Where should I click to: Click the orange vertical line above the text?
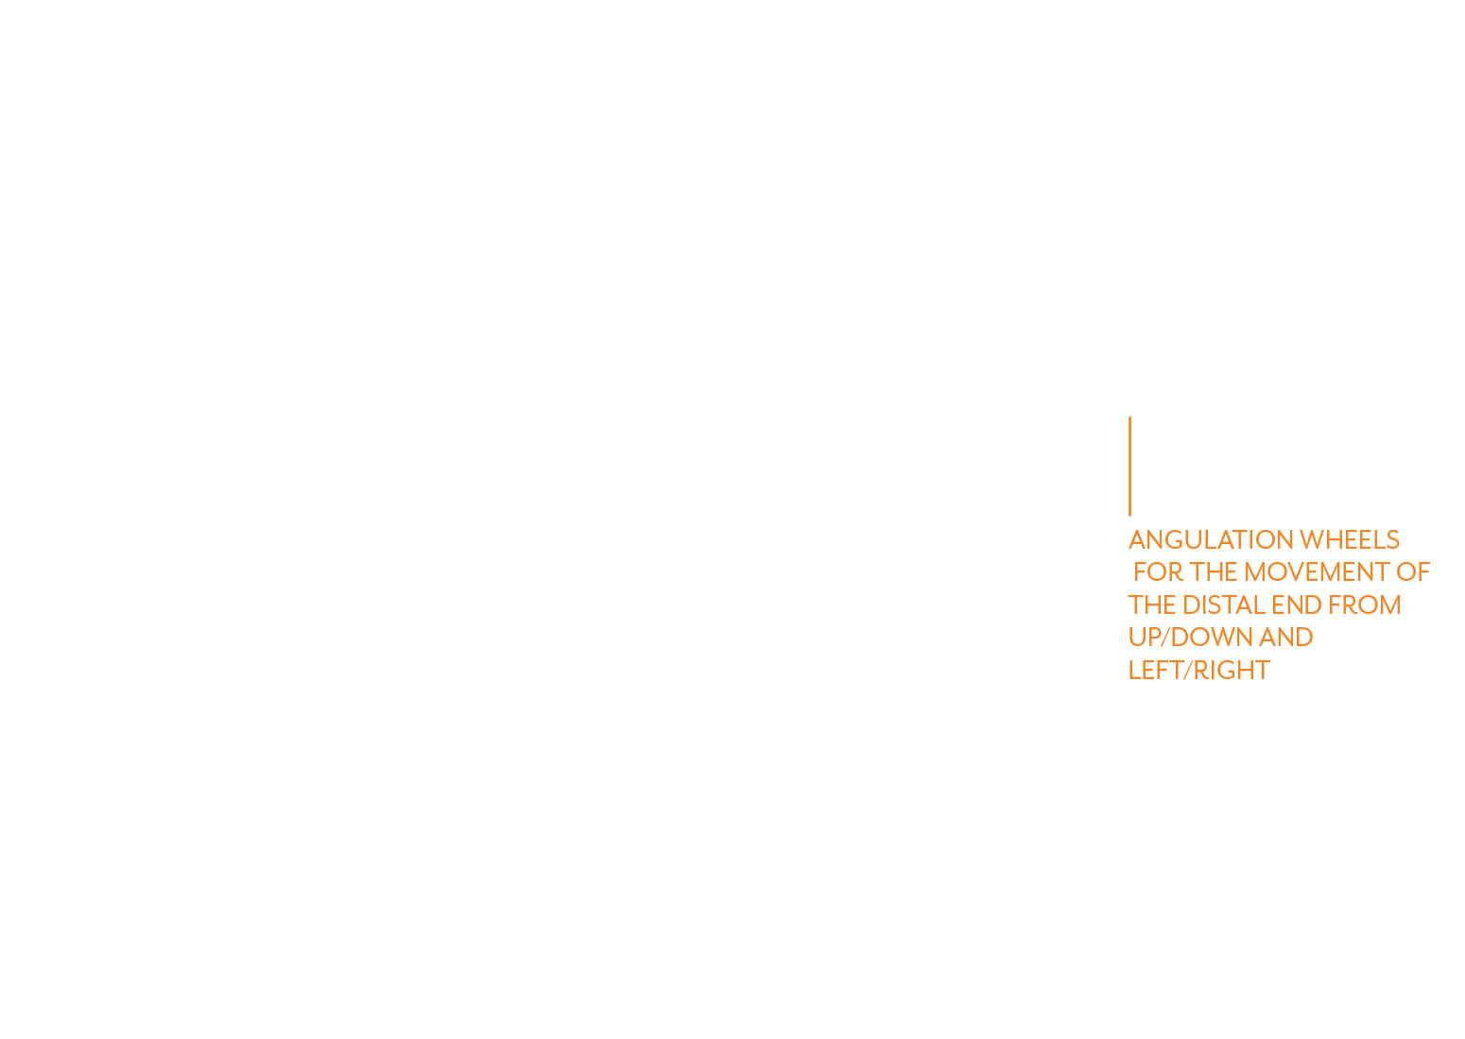tap(1129, 466)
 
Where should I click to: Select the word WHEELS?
tap(1350, 540)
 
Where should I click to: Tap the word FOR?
tap(1158, 572)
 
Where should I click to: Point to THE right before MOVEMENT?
tap(1214, 572)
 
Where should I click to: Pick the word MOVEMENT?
tap(1317, 572)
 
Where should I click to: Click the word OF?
tap(1413, 572)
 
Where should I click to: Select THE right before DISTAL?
tap(1152, 605)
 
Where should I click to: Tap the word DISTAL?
tap(1224, 605)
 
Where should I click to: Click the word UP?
tap(1144, 638)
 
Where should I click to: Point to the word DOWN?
tap(1211, 638)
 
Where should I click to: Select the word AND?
tap(1285, 638)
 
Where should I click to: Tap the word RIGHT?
tap(1232, 670)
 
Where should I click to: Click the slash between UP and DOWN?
tap(1164, 638)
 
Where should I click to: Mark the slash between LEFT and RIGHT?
tap(1188, 670)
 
